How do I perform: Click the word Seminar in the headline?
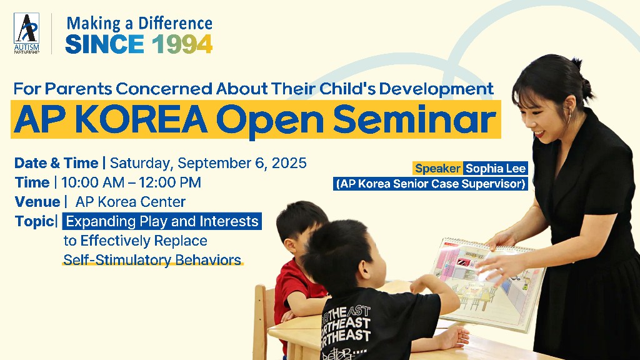[415, 119]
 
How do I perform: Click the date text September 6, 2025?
[242, 163]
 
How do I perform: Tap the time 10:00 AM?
[92, 182]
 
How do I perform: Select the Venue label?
[37, 202]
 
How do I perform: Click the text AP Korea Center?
[131, 202]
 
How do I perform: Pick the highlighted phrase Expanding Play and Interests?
[162, 221]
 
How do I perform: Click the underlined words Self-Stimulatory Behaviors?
[152, 260]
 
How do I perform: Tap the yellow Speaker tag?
[437, 169]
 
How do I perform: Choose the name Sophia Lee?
[496, 169]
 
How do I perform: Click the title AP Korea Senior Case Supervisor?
[431, 184]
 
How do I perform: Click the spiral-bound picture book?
[487, 284]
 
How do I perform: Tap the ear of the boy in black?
[365, 271]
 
